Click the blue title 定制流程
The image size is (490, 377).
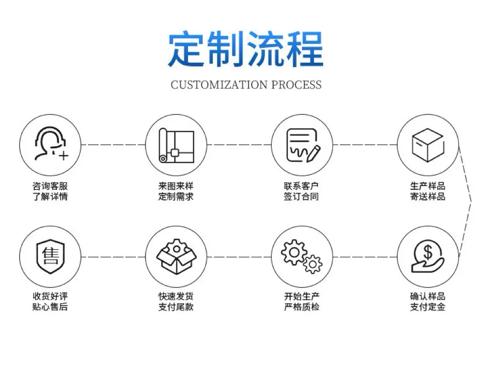245,48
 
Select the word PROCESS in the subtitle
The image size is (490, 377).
296,85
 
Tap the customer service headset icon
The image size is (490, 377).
51,144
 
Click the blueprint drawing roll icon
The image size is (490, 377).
176,145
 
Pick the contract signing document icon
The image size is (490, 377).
303,145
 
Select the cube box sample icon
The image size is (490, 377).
427,145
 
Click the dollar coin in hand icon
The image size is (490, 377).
427,256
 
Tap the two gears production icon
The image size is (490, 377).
301,256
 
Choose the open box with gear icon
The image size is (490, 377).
176,256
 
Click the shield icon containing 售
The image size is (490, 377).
50,256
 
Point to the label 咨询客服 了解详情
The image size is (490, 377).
50,191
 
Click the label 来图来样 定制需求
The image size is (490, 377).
176,191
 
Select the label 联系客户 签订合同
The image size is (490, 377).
301,191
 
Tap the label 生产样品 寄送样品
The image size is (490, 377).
427,191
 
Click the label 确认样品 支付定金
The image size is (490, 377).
427,301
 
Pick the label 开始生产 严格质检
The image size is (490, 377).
301,301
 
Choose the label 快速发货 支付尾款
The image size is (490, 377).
176,301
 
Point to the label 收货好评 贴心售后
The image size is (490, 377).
50,301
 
